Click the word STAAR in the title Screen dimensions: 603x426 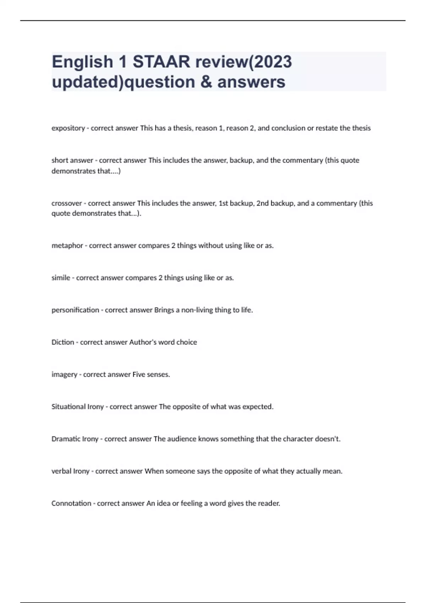click(162, 62)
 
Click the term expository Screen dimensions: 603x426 click(68, 128)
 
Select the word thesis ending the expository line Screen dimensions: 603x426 click(361, 128)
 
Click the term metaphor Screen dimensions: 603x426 click(67, 245)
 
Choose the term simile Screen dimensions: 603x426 click(61, 278)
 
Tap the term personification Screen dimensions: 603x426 click(75, 310)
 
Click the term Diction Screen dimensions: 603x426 click(63, 342)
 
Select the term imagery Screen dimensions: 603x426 click(64, 375)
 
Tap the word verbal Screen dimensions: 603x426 click(61, 471)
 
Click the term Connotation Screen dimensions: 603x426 click(71, 503)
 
